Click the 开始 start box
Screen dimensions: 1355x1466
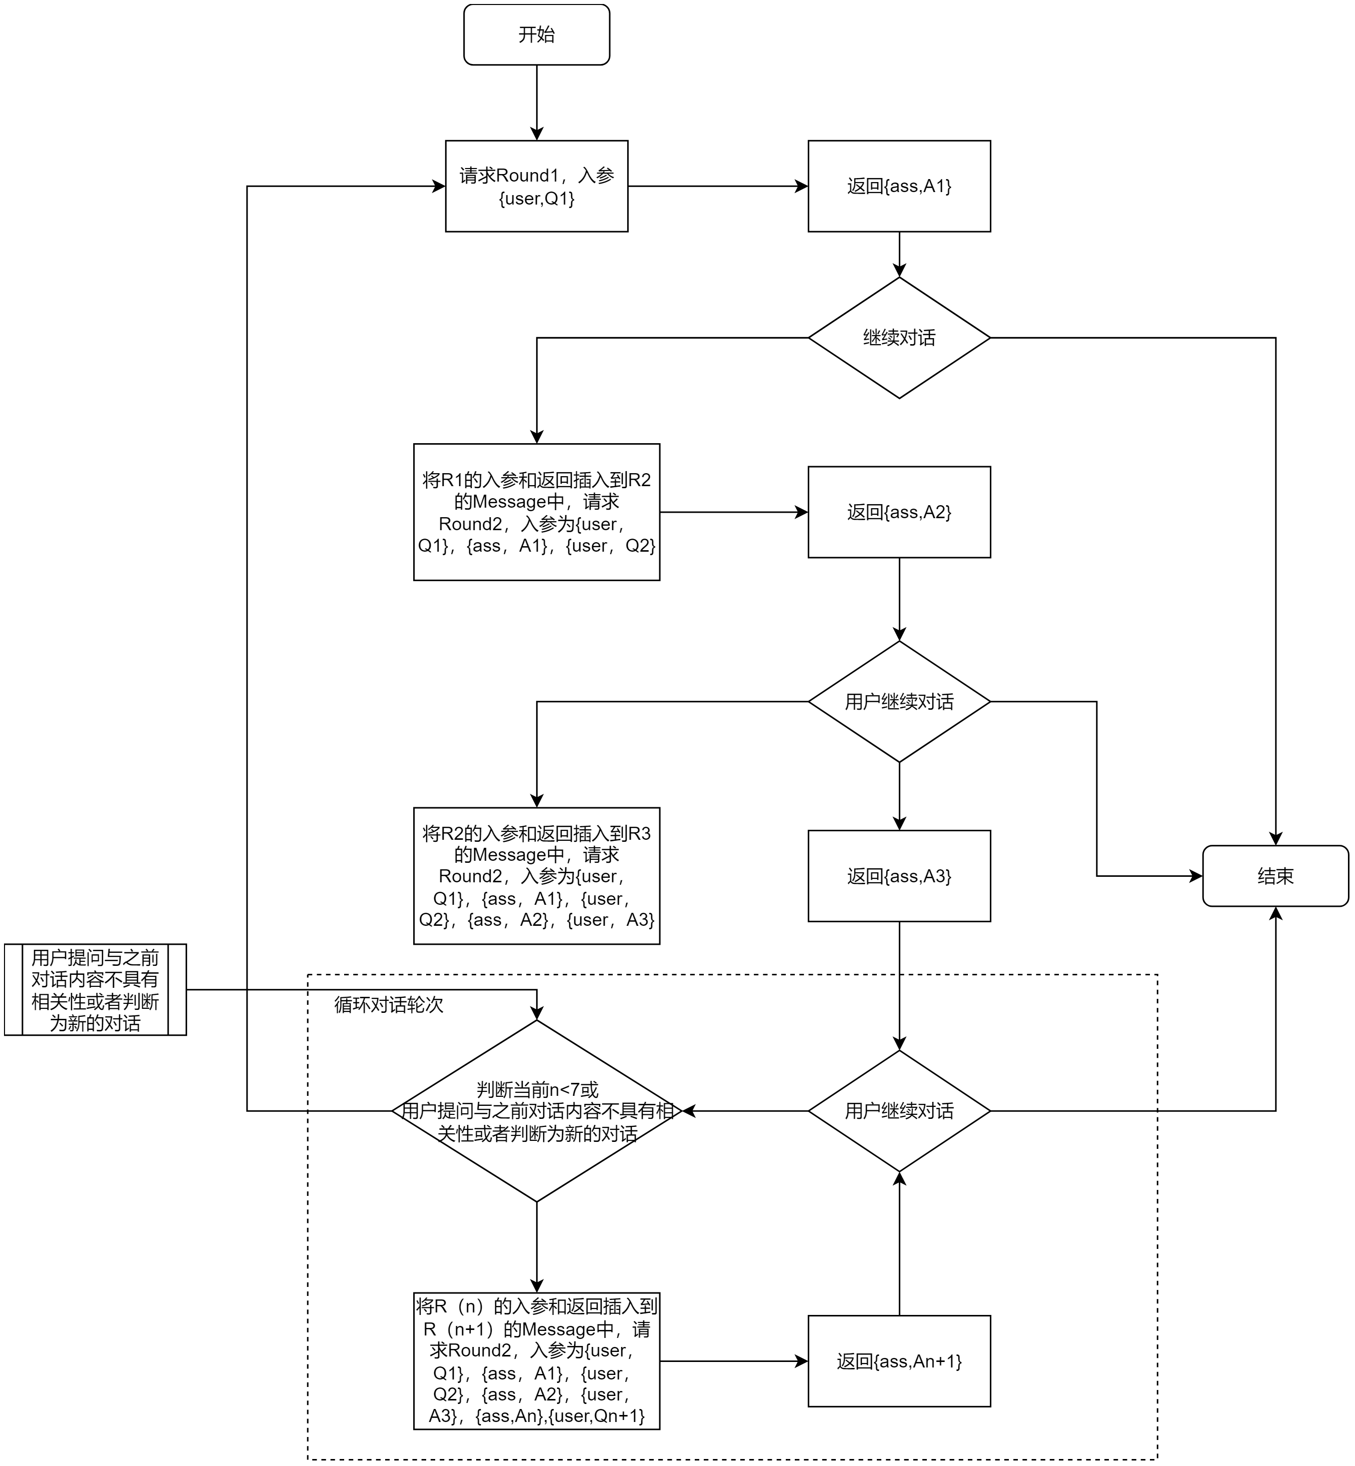(x=537, y=35)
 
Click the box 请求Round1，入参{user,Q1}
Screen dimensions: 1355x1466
(x=537, y=186)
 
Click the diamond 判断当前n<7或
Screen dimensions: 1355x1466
(x=537, y=1111)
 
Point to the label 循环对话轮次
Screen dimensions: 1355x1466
(x=389, y=1004)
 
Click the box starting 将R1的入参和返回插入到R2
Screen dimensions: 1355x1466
(x=537, y=512)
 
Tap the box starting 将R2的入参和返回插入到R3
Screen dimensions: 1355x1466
(x=537, y=876)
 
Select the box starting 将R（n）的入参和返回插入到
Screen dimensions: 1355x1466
(x=537, y=1361)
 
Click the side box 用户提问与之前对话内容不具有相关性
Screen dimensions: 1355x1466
(x=96, y=989)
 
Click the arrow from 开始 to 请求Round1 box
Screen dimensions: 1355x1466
(x=537, y=103)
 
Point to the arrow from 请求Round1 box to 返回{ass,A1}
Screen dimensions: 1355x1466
(x=718, y=186)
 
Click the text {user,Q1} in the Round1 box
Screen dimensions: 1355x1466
(x=537, y=198)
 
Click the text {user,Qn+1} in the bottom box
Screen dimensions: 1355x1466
(x=597, y=1416)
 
